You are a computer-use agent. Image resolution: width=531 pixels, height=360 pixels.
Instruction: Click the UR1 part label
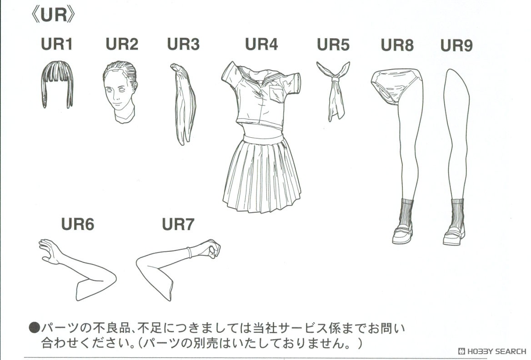(x=56, y=45)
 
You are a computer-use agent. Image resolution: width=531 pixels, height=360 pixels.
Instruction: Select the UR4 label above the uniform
(x=261, y=45)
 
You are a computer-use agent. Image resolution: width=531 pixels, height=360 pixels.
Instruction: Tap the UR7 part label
(x=178, y=224)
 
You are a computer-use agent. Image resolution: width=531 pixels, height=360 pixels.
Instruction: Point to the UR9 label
(x=456, y=45)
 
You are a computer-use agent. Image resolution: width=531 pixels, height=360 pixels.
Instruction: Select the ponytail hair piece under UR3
(x=184, y=105)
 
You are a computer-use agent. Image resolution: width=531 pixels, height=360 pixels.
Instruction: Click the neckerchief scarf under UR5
(x=334, y=91)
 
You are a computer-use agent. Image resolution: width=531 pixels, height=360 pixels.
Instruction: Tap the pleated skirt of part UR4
(x=262, y=175)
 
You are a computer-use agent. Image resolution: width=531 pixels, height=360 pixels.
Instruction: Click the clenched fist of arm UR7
(x=210, y=248)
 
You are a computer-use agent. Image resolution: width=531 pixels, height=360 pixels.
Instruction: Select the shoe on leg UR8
(x=402, y=233)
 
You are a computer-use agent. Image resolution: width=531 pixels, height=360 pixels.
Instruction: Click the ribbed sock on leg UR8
(x=406, y=211)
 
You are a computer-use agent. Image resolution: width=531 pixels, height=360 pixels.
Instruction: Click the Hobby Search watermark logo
(x=491, y=351)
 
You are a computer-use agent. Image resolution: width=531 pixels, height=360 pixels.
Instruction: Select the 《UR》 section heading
(x=53, y=15)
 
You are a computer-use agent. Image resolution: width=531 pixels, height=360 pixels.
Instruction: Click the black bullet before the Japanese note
(x=35, y=327)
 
